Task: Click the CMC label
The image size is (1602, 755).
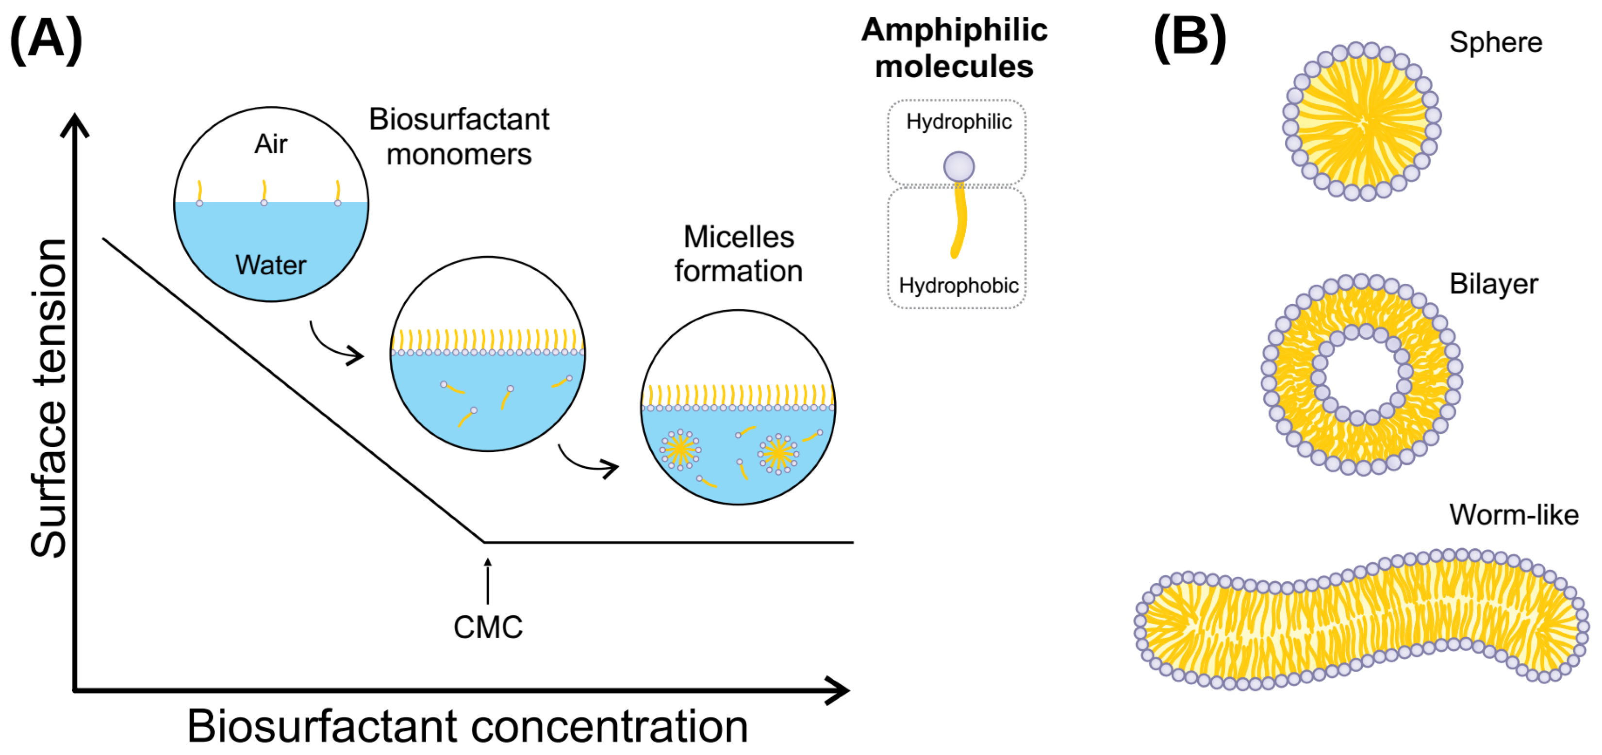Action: click(x=488, y=627)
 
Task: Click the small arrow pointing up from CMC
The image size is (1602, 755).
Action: click(x=488, y=581)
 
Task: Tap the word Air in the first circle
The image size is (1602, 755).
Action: click(x=271, y=144)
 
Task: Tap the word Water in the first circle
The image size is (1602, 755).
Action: click(x=271, y=265)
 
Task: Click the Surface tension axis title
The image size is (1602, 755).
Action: click(x=49, y=398)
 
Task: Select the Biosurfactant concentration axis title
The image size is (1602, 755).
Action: click(x=468, y=726)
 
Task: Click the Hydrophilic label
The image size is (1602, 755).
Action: click(x=958, y=121)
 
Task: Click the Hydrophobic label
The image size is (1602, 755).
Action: click(x=958, y=285)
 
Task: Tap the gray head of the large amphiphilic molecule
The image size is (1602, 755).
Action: click(x=958, y=166)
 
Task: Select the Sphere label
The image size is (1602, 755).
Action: click(x=1496, y=42)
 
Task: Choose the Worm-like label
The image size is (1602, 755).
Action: click(x=1514, y=515)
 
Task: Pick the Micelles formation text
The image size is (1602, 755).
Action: click(x=738, y=254)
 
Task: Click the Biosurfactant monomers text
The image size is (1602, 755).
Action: click(x=459, y=136)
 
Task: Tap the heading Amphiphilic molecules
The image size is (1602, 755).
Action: click(x=954, y=48)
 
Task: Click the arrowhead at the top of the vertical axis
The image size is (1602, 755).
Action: click(x=75, y=123)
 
